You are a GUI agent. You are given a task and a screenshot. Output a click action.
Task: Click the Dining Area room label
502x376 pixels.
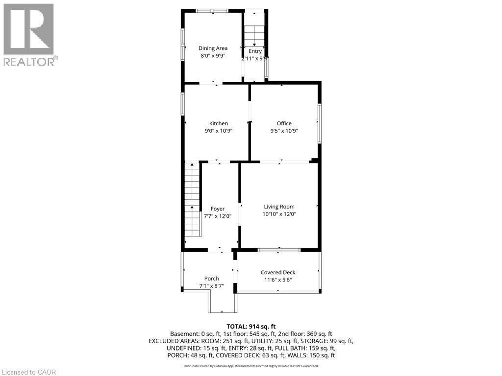point(213,48)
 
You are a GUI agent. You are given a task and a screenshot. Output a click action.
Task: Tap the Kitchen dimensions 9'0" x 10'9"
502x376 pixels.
point(218,131)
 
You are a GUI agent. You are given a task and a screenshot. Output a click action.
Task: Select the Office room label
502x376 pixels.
point(284,123)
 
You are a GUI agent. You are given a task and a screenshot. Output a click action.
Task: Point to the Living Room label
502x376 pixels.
point(279,207)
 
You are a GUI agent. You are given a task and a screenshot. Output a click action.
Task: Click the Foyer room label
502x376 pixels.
point(217,209)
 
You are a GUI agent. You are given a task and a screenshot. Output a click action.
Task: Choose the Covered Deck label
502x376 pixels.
point(277,272)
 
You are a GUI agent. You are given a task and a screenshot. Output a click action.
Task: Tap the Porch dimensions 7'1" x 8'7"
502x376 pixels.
point(211,285)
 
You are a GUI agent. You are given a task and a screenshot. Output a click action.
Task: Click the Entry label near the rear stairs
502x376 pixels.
point(255,51)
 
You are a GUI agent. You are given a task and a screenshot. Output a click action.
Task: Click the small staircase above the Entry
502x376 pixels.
point(254,34)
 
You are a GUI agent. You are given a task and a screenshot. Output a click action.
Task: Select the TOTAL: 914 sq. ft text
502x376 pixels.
point(251,326)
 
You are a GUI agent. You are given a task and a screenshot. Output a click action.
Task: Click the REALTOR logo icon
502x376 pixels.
point(28,29)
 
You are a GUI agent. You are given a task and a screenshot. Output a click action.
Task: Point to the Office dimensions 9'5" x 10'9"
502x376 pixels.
point(284,131)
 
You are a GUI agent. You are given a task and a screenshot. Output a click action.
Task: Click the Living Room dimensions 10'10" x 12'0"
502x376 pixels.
point(279,214)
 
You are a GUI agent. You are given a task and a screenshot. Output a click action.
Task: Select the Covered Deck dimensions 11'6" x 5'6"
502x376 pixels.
point(277,280)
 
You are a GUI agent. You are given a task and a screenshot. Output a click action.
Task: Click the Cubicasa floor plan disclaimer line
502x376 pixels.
point(251,366)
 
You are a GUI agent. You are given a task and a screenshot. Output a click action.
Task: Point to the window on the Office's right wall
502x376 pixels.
point(319,123)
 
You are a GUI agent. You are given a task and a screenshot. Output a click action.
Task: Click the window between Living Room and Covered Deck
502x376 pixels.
point(279,250)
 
